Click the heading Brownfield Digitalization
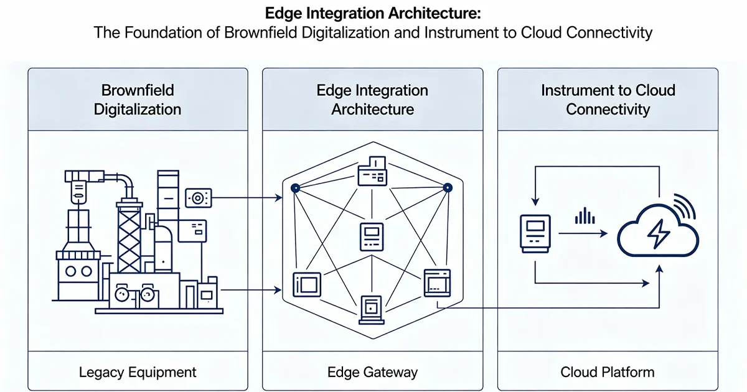[138, 100]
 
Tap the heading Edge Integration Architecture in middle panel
[372, 100]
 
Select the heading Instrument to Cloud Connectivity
[608, 100]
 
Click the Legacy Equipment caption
[138, 373]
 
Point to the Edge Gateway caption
[372, 373]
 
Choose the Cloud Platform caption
[608, 373]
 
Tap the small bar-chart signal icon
[584, 216]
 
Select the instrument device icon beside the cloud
[533, 233]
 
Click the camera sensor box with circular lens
[199, 198]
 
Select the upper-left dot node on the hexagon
[296, 187]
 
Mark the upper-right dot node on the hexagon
[447, 187]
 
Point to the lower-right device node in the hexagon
[437, 283]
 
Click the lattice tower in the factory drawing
[129, 240]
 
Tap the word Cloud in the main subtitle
[541, 32]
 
